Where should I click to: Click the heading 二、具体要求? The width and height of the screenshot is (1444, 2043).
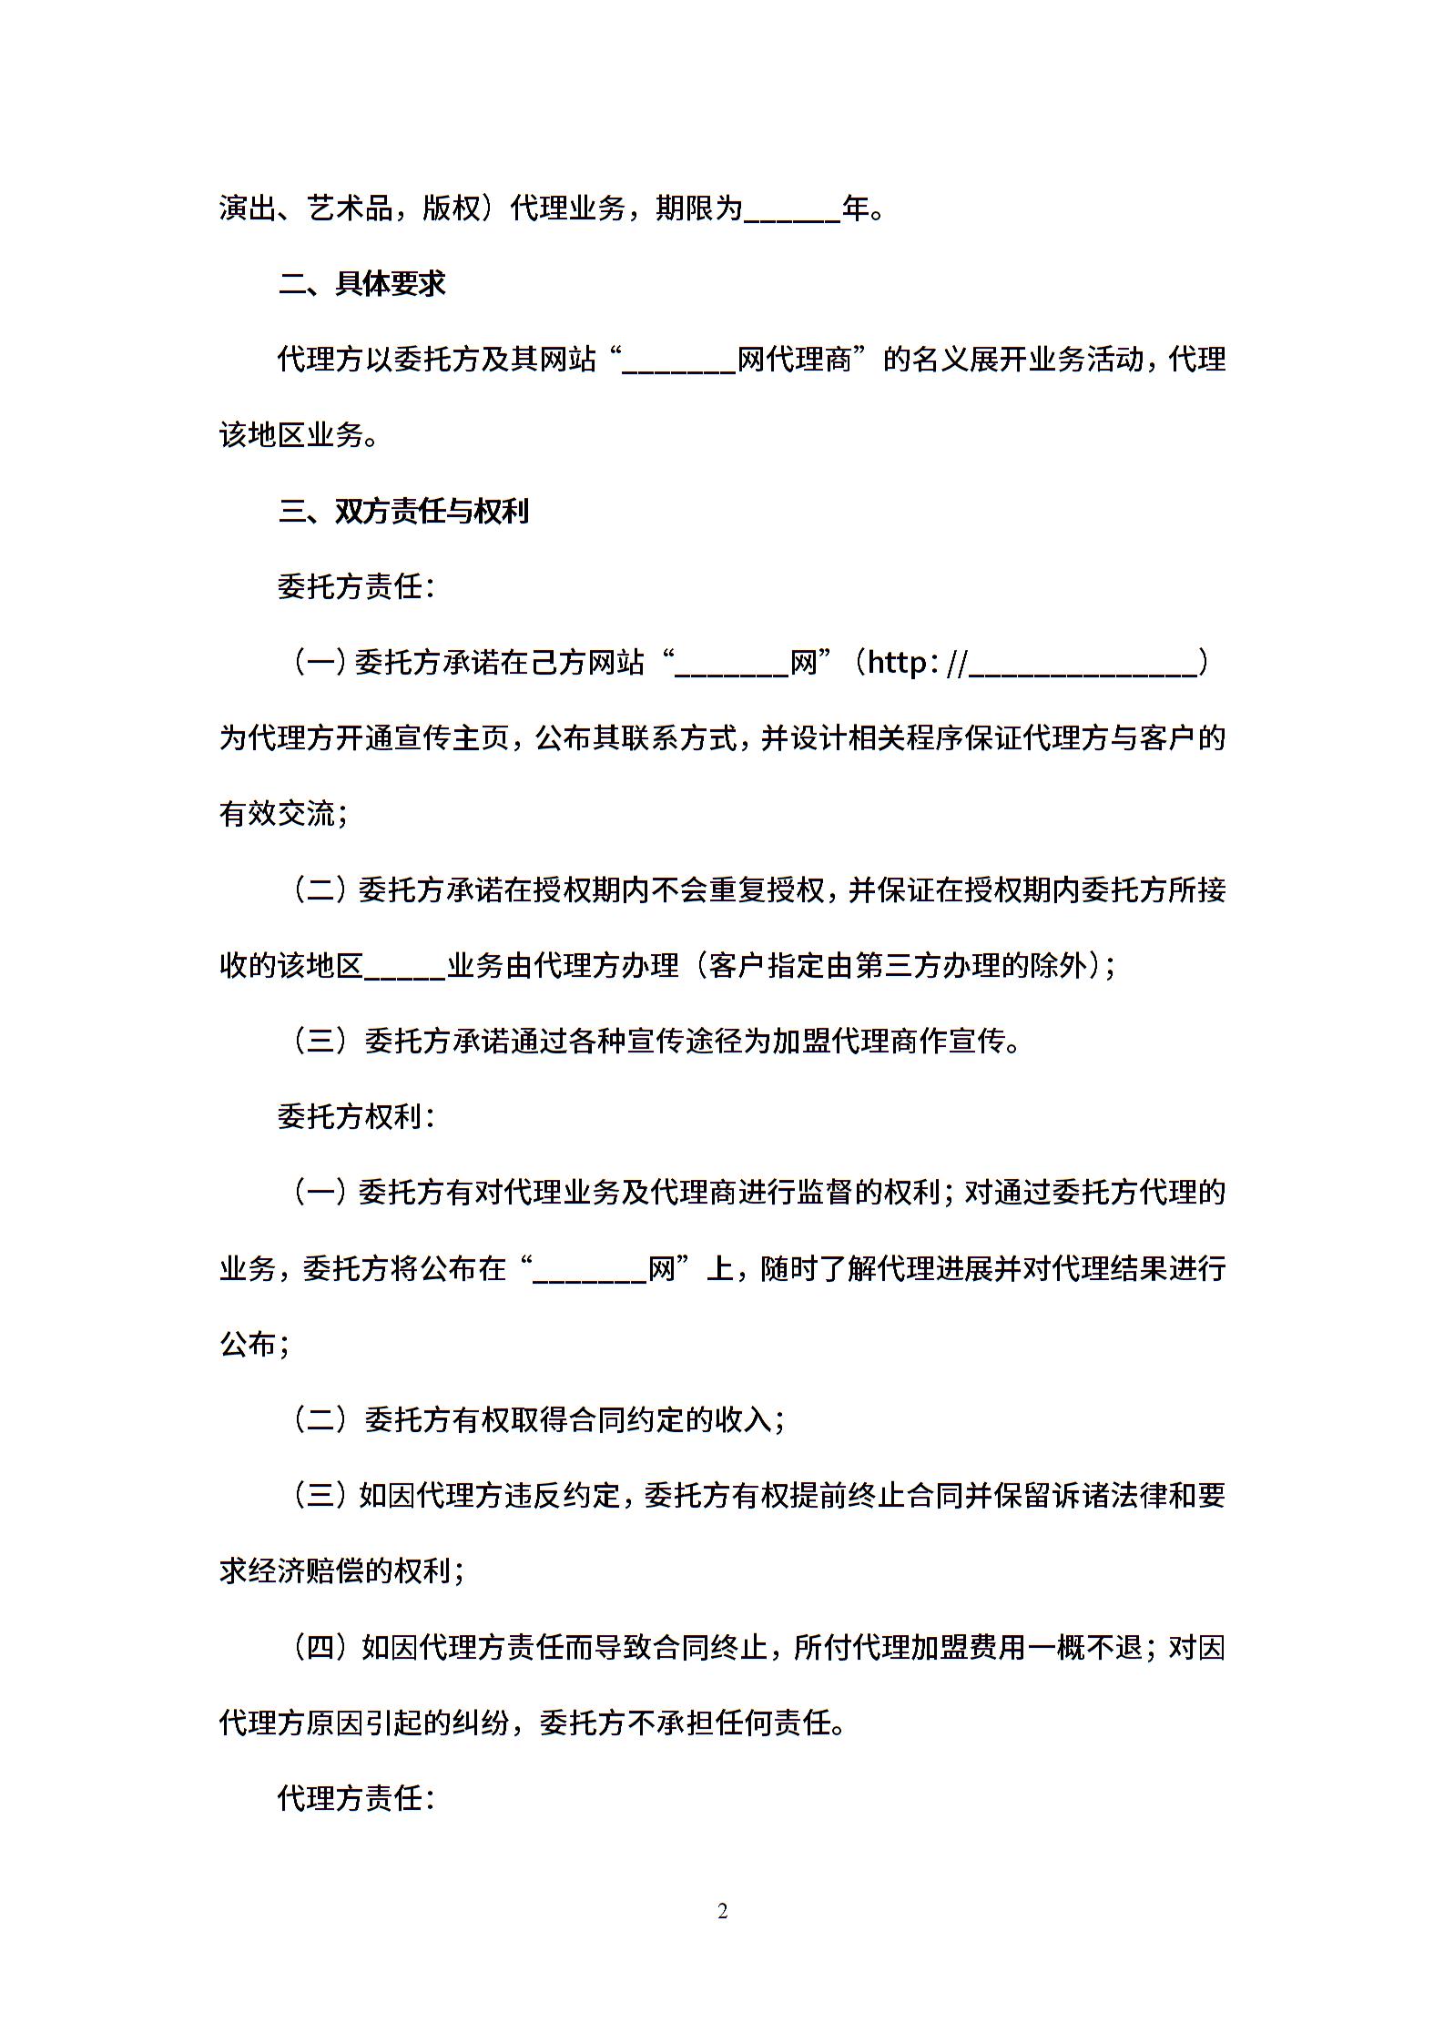[361, 284]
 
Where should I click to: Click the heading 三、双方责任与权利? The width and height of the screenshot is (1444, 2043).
[402, 512]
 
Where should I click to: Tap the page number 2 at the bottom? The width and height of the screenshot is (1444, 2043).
[722, 1912]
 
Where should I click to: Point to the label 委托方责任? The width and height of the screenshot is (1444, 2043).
[356, 587]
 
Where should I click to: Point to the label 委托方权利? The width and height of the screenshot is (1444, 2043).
[356, 1117]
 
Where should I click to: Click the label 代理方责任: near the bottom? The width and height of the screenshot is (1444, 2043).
[356, 1798]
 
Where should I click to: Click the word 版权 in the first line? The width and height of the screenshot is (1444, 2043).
[451, 209]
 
